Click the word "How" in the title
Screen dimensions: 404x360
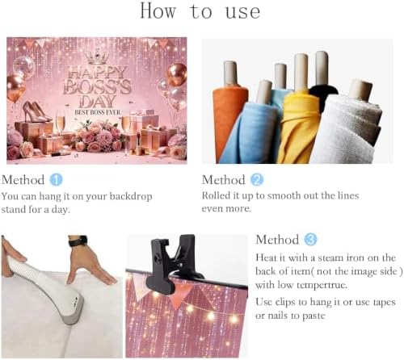click(x=158, y=11)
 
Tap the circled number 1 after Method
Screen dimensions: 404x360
click(x=56, y=180)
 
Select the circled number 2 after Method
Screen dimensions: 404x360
click(x=257, y=180)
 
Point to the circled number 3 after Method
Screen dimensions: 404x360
click(x=310, y=240)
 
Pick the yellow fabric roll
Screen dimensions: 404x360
click(x=299, y=127)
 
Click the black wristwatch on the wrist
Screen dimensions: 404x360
click(x=78, y=241)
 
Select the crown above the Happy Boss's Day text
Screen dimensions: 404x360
click(x=97, y=58)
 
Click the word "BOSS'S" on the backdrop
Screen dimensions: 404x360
click(x=97, y=87)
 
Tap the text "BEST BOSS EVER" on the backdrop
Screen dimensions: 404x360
click(x=98, y=112)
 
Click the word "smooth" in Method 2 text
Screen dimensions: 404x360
click(x=284, y=195)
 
